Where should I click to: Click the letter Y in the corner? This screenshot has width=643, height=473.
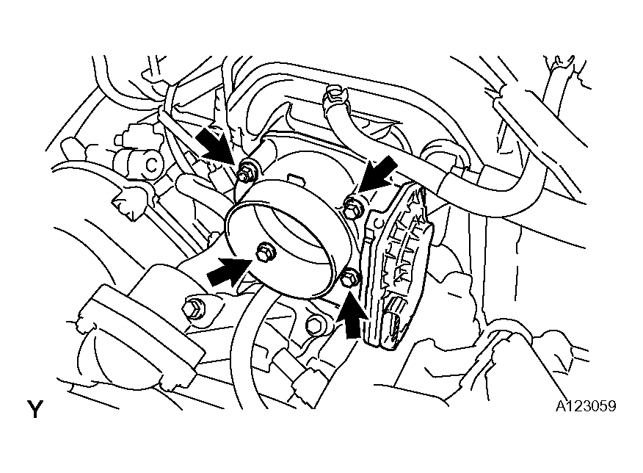pyautogui.click(x=34, y=409)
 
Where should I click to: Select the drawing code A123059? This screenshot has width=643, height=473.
pyautogui.click(x=586, y=405)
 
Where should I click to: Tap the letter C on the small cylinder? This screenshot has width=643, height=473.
pyautogui.click(x=152, y=165)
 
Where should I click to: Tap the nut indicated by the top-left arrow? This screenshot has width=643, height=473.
pyautogui.click(x=246, y=171)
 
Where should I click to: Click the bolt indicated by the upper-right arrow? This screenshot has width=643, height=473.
pyautogui.click(x=352, y=208)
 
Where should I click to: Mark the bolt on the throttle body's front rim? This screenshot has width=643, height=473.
pyautogui.click(x=264, y=253)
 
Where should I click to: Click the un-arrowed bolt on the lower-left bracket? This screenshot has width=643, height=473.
pyautogui.click(x=192, y=307)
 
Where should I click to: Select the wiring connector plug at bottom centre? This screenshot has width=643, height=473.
pyautogui.click(x=308, y=380)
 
